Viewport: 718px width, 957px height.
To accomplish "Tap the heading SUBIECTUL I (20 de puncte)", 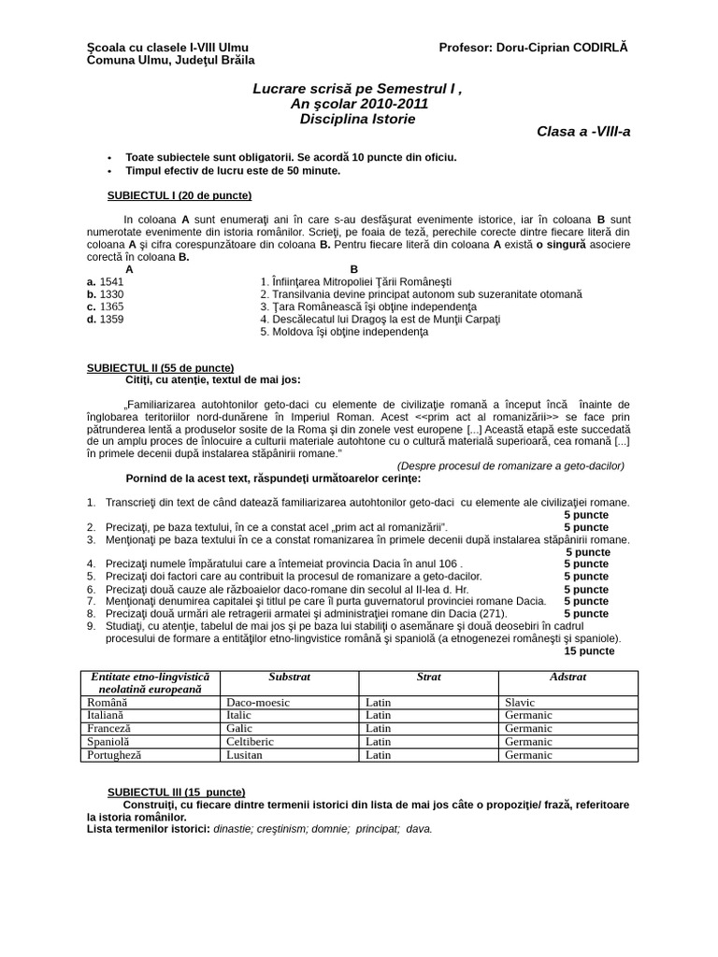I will coord(180,195).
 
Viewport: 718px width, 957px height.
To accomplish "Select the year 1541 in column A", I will coord(110,281).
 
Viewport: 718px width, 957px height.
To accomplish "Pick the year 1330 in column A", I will coord(110,293).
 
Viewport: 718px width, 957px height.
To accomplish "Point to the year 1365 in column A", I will coord(110,307).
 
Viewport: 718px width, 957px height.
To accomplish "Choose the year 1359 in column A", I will coord(110,319).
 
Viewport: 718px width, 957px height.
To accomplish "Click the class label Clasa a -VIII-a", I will coord(583,132).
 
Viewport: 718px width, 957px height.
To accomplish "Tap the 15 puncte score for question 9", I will coord(589,650).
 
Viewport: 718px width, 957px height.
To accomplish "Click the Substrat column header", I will coord(289,677).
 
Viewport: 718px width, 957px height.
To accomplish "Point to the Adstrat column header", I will coord(567,677).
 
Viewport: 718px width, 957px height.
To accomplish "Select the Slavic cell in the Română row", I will coord(520,702).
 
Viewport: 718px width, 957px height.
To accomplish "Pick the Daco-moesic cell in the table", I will coord(258,702).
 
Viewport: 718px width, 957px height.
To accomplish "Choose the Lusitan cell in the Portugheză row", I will coord(245,754).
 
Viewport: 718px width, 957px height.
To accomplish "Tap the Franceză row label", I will coord(108,728).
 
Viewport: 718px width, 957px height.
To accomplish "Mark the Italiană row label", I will coord(108,715).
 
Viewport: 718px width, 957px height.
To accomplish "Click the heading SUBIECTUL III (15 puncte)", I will coord(177,792).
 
